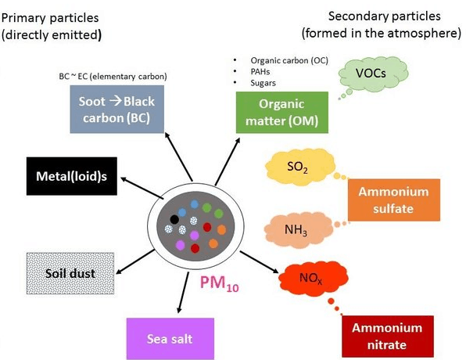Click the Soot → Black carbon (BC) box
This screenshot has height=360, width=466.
(x=116, y=110)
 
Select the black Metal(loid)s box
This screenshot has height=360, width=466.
(x=72, y=176)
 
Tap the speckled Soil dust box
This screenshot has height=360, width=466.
(x=70, y=273)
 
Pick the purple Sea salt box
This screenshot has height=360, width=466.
(x=170, y=339)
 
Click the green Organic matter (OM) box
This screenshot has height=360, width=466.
(x=282, y=112)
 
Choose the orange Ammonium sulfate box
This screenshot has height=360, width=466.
(x=394, y=200)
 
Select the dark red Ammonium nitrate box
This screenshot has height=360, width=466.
(x=388, y=337)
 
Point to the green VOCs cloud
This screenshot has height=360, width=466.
(x=373, y=73)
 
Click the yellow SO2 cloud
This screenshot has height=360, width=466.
(x=300, y=167)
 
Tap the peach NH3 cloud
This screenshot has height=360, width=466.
(x=299, y=229)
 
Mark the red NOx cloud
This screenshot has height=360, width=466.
(x=314, y=279)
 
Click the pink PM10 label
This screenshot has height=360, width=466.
(x=220, y=283)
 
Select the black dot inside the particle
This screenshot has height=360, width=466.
(x=174, y=220)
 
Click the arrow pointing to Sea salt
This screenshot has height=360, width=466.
(x=183, y=293)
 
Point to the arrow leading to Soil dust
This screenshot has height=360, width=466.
(x=135, y=261)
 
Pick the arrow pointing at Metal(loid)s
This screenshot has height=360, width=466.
(x=142, y=188)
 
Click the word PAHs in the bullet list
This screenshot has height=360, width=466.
(x=260, y=72)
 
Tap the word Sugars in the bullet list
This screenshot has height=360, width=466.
(x=263, y=83)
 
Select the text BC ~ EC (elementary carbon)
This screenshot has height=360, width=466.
(x=113, y=77)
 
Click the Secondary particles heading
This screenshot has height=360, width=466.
(x=384, y=16)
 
